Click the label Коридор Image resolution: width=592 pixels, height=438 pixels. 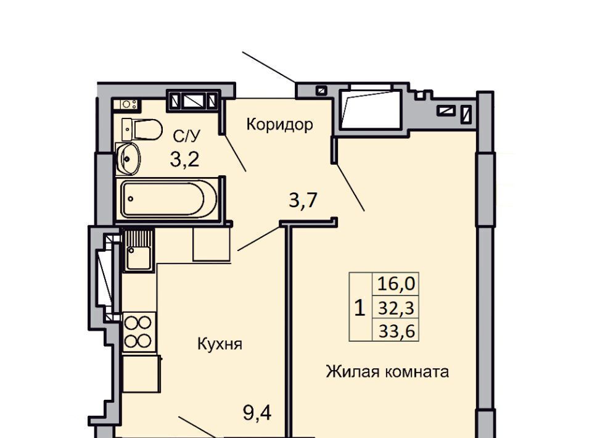coord(279,125)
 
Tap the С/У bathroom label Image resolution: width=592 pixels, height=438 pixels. coord(186,136)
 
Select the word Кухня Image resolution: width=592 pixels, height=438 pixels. coord(220,345)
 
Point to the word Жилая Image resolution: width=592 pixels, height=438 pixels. coord(352,372)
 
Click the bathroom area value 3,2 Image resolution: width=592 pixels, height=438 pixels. coord(184,160)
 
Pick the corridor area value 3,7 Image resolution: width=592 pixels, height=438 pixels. coord(303,200)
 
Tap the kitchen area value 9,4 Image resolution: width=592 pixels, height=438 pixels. coord(257,413)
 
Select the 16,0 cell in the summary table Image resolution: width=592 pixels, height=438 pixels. coord(396,284)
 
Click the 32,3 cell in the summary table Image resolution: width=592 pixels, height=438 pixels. coord(396,308)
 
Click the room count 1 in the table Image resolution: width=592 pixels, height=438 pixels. coord(360,308)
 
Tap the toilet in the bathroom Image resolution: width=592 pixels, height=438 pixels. coord(142,130)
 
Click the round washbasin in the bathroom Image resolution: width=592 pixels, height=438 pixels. coord(128,159)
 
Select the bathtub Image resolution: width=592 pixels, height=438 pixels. coord(168,199)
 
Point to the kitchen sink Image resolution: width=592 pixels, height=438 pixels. coord(139,250)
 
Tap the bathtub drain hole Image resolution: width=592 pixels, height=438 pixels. coord(131,199)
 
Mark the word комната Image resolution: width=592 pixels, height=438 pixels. coord(417,373)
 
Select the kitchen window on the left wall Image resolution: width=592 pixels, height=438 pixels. coord(105,276)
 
